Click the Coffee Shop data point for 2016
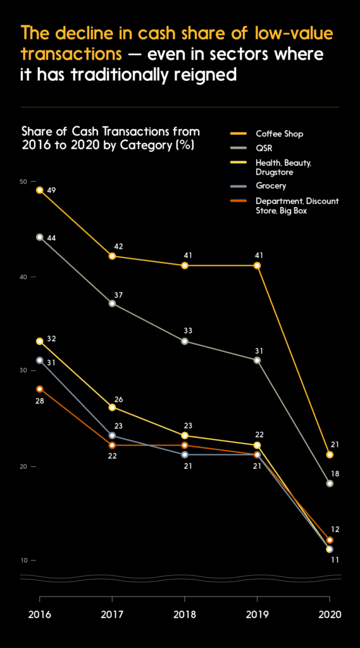coord(40,190)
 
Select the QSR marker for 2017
coord(112,303)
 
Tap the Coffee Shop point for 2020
coord(330,454)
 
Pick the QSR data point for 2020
coord(330,483)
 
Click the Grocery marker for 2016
coord(40,360)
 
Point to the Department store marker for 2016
coord(40,389)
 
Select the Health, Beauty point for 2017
coord(112,407)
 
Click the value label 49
coord(52,190)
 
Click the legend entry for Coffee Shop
coord(278,134)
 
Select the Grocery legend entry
coord(270,186)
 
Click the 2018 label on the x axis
coord(185,614)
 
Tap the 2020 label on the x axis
coord(329,614)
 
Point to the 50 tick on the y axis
coord(23,182)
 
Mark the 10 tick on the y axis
coord(23,561)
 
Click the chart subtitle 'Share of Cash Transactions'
coord(111,132)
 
